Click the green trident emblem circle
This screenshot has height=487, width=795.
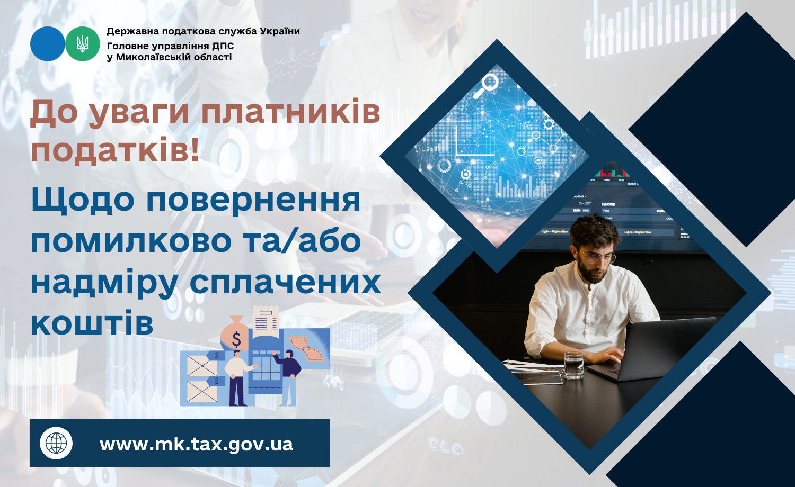83,44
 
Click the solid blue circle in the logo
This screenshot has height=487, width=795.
48,44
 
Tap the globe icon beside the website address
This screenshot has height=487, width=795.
56,443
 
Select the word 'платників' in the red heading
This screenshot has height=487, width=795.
291,113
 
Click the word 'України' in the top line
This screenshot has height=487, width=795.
280,31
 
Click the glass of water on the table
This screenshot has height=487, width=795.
573,366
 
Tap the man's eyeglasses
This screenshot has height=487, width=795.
597,257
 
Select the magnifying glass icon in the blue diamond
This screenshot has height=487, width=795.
485,86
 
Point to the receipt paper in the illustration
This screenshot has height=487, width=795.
266,322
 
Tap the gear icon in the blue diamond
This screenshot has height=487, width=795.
549,124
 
